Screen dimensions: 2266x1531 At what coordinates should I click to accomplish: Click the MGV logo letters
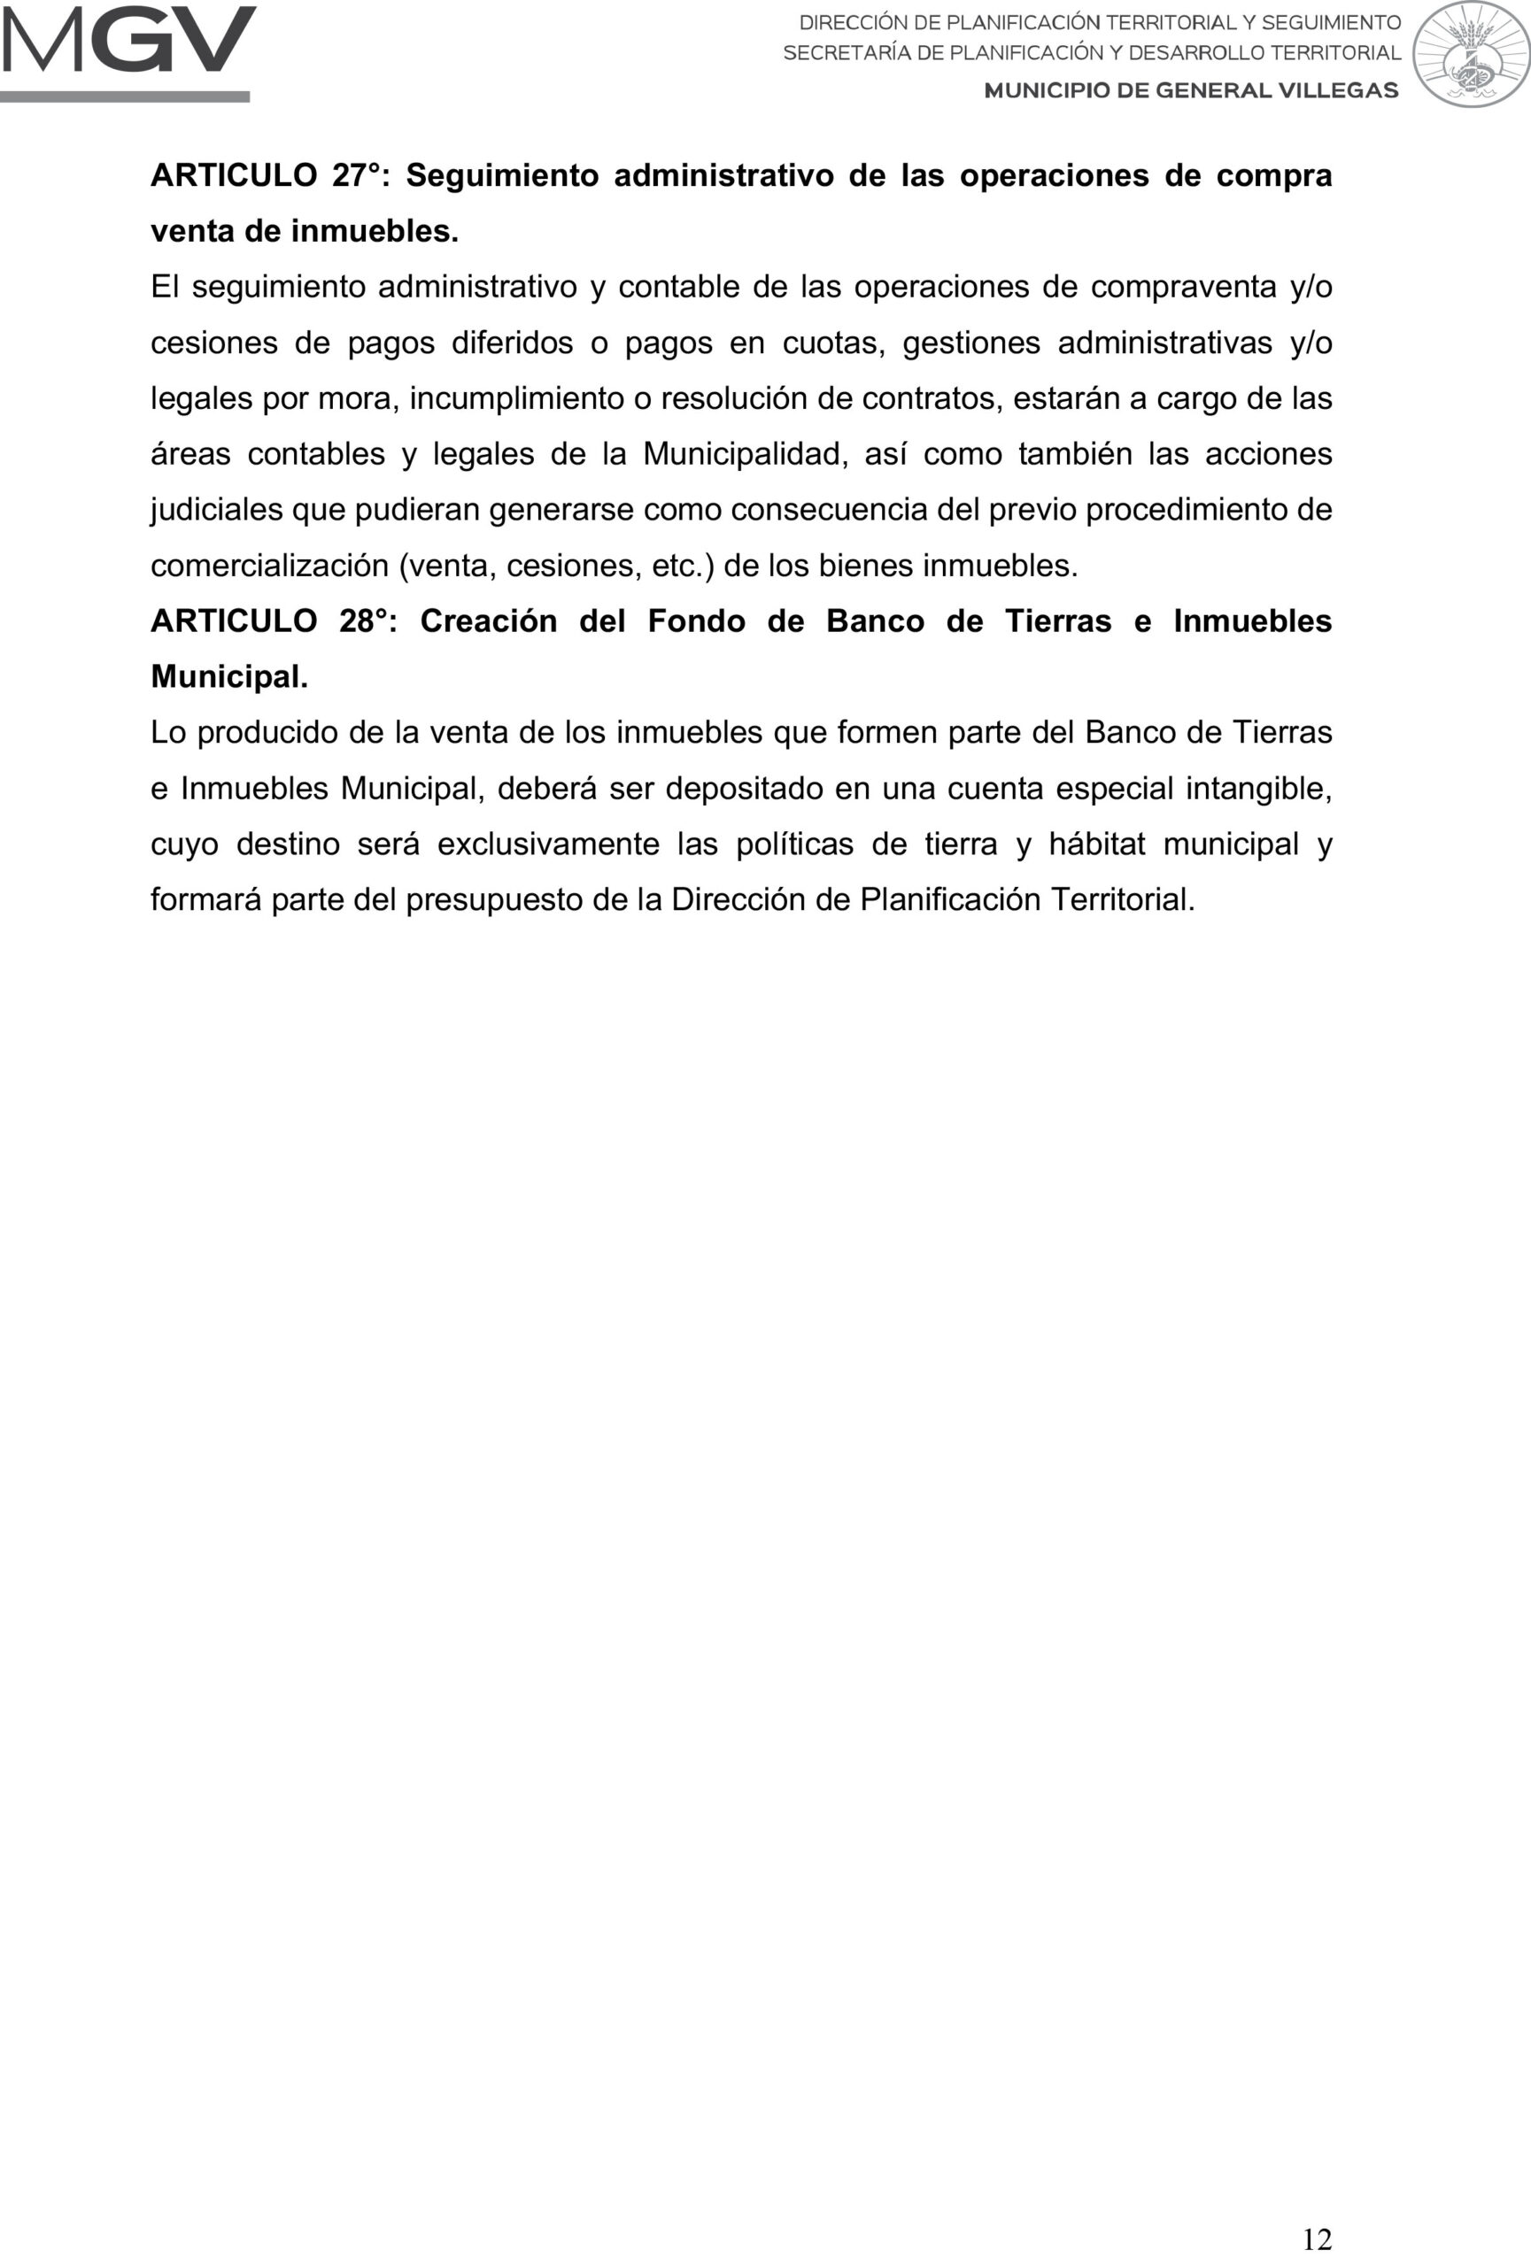128,40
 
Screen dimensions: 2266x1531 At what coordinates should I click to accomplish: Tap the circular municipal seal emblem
1471,54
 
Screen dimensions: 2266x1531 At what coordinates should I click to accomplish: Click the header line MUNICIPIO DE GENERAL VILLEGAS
1191,90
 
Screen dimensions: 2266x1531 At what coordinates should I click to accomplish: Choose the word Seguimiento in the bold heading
502,175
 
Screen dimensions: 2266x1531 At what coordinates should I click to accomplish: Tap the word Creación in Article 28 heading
489,621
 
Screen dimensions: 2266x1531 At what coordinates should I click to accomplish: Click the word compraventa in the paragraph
1183,287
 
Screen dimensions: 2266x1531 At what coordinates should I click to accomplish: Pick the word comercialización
269,566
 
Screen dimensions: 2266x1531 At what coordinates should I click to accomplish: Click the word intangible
1258,788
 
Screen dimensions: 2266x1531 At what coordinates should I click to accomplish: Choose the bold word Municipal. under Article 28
229,676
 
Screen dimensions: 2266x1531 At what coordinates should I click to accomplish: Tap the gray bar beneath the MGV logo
125,96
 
